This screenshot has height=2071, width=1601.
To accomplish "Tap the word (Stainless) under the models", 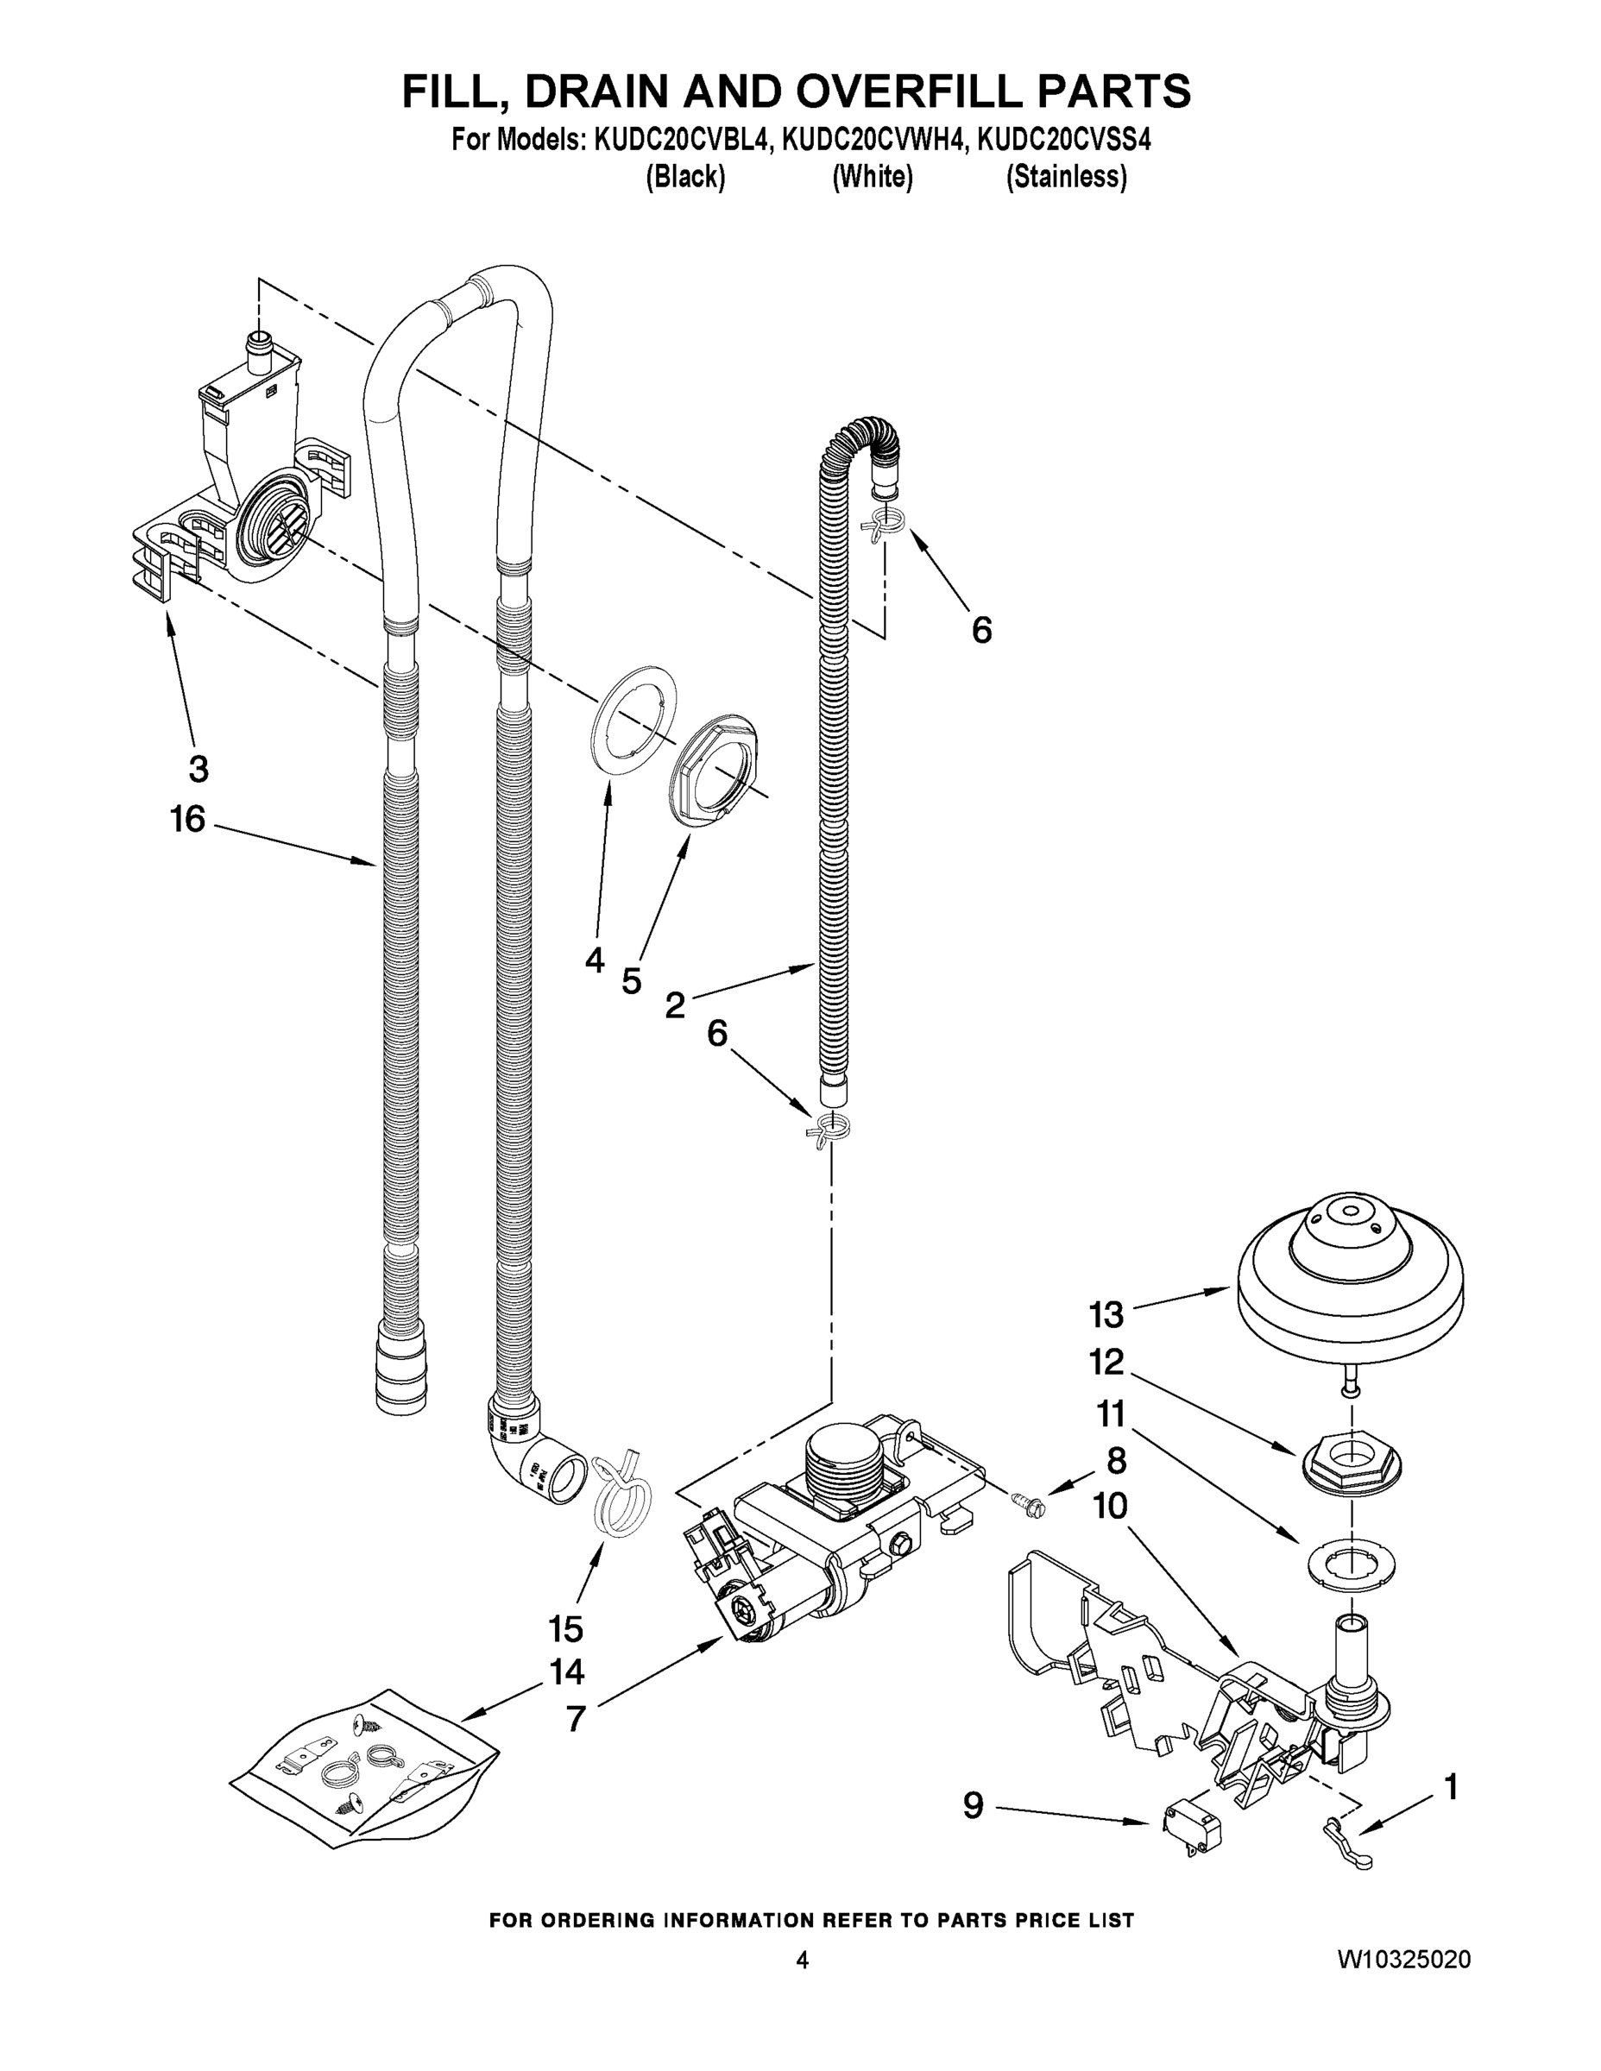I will (x=1066, y=177).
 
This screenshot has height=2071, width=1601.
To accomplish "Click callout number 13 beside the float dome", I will (x=1106, y=1315).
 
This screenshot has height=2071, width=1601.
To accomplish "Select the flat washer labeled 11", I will (x=1350, y=1561).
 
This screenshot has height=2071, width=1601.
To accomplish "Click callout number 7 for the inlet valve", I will (x=576, y=1718).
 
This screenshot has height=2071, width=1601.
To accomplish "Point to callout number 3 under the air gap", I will (x=199, y=768).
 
